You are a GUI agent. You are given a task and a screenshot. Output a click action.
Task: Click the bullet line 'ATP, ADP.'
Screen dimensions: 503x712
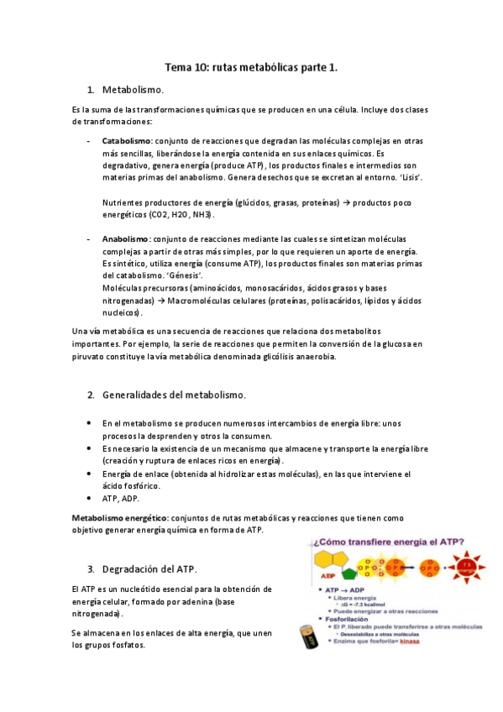coord(121,499)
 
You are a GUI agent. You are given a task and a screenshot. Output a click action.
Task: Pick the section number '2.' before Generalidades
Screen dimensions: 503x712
coord(92,394)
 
